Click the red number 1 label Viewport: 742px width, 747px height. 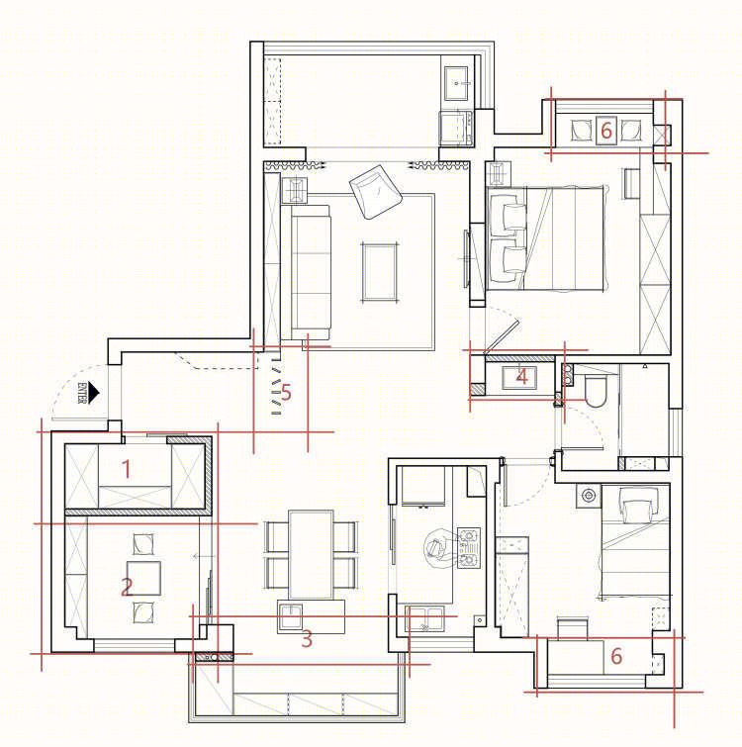[127, 469]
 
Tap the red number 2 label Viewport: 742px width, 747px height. [127, 587]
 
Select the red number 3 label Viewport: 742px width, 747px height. [307, 639]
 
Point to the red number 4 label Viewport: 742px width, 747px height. [522, 377]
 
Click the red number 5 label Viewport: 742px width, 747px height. [286, 393]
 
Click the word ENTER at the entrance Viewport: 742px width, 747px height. [81, 392]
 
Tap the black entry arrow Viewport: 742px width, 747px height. [94, 393]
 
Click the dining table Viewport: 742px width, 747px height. [311, 554]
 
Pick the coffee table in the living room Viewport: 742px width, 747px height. [379, 272]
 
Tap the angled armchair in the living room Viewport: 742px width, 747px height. [376, 192]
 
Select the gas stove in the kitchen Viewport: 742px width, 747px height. [469, 548]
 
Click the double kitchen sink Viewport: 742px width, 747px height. [424, 618]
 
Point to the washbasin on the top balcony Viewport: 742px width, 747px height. [457, 83]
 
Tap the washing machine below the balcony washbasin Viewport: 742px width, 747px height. [456, 128]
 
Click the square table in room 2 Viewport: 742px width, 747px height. [143, 578]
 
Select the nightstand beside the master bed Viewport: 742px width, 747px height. [498, 174]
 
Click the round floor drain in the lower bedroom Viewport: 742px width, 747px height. [589, 496]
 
